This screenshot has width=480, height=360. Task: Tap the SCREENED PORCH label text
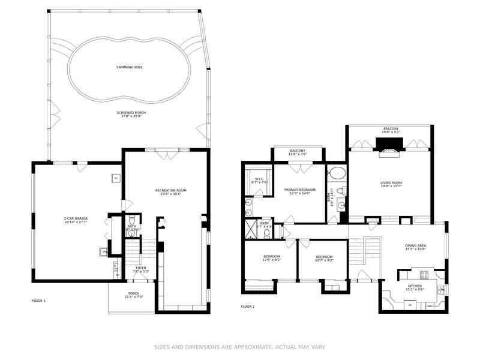(131, 114)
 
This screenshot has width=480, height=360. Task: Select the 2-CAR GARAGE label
(76, 220)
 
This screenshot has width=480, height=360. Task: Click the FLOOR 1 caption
(38, 300)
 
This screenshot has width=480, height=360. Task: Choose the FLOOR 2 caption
(248, 307)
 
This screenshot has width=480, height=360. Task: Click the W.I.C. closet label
(259, 180)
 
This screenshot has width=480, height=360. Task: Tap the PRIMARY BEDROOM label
(299, 191)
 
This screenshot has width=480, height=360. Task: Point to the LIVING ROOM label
(391, 184)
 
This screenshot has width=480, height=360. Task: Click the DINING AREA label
(416, 247)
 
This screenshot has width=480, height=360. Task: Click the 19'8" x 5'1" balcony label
(391, 130)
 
